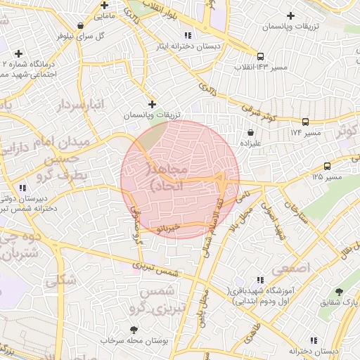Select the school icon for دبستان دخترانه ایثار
(187, 34)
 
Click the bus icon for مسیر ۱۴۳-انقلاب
(261, 56)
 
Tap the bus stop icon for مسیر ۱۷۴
(305, 122)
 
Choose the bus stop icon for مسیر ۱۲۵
(327, 167)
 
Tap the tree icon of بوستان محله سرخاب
(134, 330)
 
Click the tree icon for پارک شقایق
(340, 291)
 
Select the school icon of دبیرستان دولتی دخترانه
(22, 188)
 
